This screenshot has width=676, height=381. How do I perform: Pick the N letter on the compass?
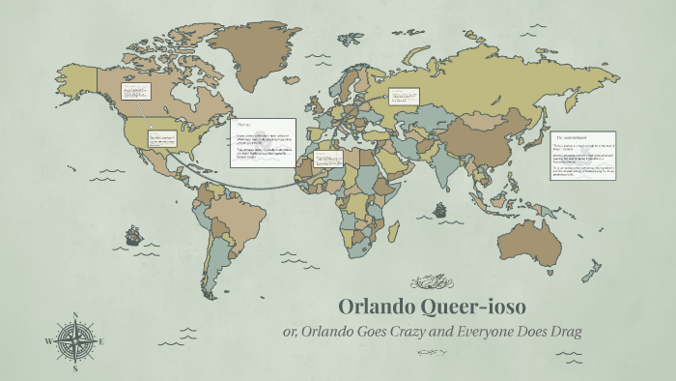[75, 314]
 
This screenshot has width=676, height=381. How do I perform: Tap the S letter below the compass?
[75, 368]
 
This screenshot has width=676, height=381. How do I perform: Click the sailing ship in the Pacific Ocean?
[132, 235]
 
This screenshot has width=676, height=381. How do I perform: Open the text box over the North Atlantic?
[263, 141]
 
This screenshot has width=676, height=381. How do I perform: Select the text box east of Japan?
[582, 155]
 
